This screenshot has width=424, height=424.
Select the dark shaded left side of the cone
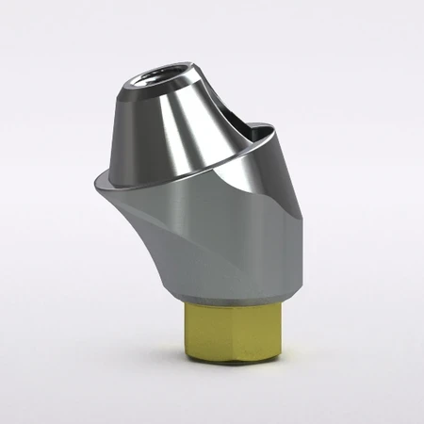pos(124,132)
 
